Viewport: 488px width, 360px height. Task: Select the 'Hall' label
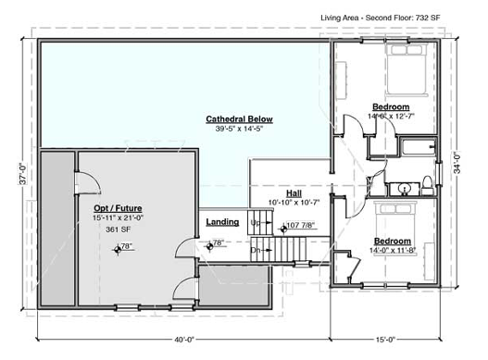tap(294, 192)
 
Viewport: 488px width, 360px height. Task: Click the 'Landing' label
tap(223, 222)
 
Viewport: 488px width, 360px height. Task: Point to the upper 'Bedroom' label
tap(392, 106)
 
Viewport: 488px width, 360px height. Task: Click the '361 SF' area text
tap(117, 228)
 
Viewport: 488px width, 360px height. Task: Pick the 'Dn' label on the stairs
tap(257, 250)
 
